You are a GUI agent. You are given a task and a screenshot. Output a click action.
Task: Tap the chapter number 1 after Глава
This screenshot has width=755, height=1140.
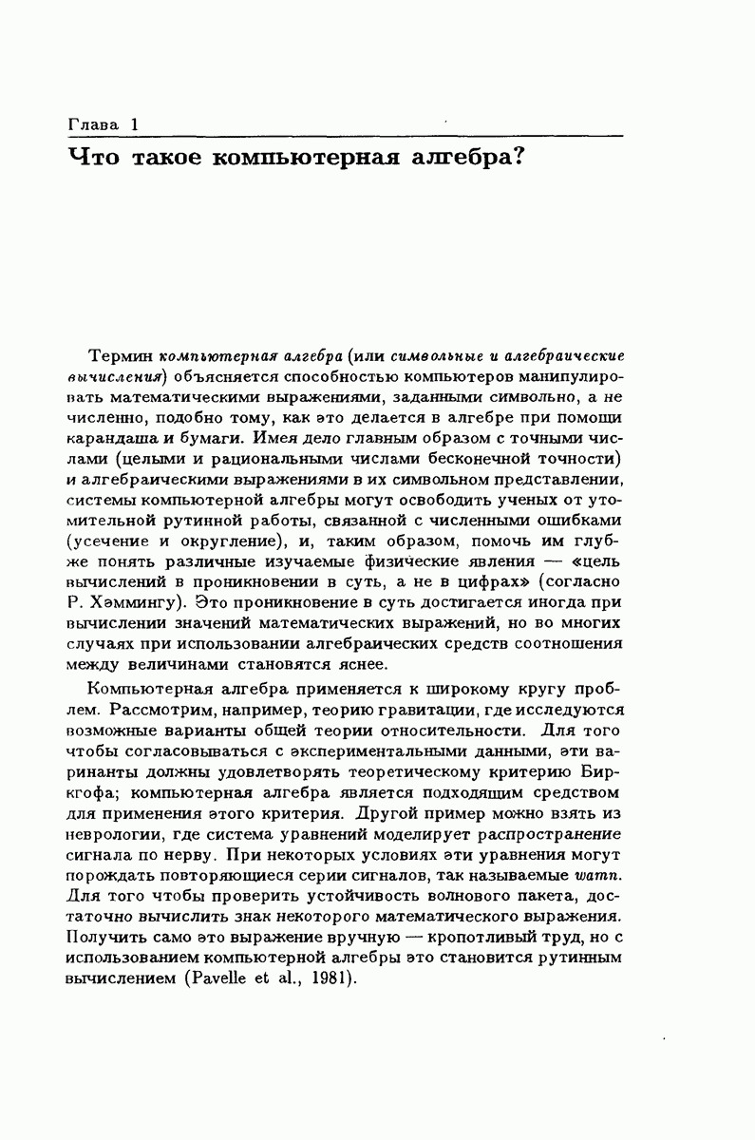[135, 125]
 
